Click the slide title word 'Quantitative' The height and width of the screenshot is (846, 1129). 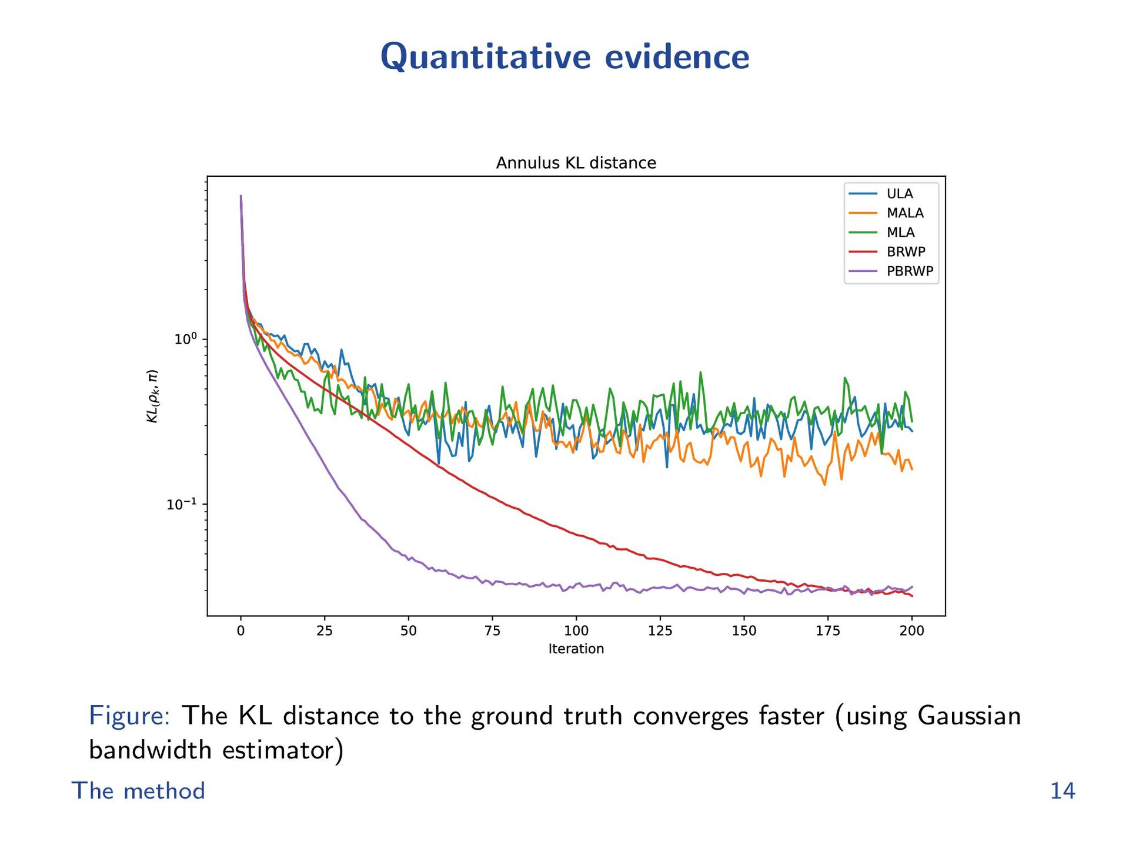[x=485, y=57]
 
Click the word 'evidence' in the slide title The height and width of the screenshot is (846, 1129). [x=677, y=57]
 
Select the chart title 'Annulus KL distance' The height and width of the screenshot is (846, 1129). [x=576, y=163]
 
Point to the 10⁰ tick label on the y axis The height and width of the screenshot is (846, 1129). [x=185, y=339]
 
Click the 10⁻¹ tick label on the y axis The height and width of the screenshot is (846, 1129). [x=182, y=504]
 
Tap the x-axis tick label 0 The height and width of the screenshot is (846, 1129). [x=241, y=631]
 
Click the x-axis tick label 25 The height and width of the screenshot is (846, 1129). [x=325, y=631]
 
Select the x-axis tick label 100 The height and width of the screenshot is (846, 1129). [x=576, y=631]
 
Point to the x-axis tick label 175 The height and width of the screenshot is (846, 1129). [x=828, y=631]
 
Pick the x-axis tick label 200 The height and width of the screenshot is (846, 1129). [x=911, y=631]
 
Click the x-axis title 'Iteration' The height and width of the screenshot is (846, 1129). [x=576, y=649]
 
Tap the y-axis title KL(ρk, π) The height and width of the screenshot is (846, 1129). [x=152, y=396]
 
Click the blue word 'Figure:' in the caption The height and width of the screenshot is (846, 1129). [x=129, y=716]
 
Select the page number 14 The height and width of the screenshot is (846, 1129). [x=1063, y=791]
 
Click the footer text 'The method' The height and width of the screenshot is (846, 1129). [x=138, y=791]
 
